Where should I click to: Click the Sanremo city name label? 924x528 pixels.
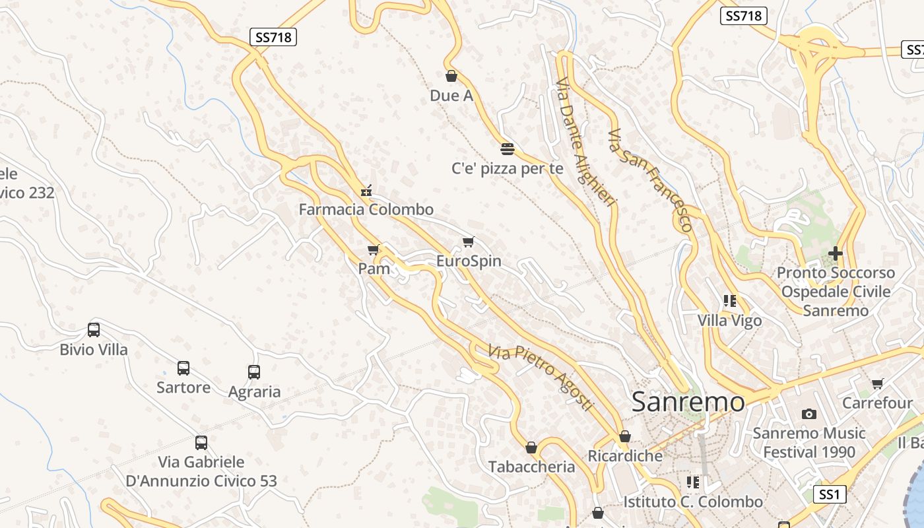click(x=688, y=401)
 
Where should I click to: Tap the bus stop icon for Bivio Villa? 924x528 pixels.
click(x=94, y=329)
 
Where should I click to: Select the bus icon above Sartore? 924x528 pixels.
click(x=183, y=368)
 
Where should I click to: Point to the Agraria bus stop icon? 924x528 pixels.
click(x=254, y=372)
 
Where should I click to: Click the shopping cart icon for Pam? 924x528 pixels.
click(x=374, y=249)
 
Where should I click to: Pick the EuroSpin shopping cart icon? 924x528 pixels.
click(x=469, y=242)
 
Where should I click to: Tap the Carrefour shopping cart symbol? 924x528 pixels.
click(x=877, y=383)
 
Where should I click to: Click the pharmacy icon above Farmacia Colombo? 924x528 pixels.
click(x=366, y=191)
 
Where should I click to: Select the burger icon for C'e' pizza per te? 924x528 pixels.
click(x=507, y=148)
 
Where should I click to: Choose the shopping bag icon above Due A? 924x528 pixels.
click(x=451, y=76)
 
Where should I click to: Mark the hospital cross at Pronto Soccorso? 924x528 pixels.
click(x=836, y=253)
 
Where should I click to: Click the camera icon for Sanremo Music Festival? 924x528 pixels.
click(x=809, y=414)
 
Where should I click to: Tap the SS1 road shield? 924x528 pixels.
click(x=829, y=494)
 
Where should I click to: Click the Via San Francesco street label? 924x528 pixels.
click(x=650, y=180)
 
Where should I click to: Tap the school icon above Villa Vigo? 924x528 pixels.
click(x=730, y=301)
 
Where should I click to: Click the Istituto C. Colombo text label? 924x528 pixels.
click(x=693, y=502)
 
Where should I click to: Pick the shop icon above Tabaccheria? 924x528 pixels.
click(x=531, y=447)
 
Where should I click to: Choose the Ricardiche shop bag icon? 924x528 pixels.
click(x=624, y=436)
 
